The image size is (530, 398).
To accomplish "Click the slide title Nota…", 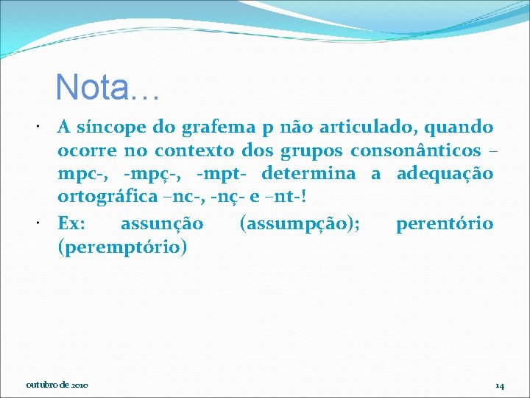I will tap(107, 87).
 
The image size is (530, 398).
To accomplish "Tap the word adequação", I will tap(445, 175).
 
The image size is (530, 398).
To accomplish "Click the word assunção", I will tap(161, 223).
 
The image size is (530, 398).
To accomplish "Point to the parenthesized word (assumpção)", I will tap(300, 223).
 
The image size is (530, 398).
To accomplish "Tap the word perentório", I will tap(445, 223).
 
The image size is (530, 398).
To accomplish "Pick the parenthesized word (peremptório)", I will tap(122, 246).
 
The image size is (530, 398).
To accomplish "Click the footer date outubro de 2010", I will tap(57, 385).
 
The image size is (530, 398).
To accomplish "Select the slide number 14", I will tap(499, 385).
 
